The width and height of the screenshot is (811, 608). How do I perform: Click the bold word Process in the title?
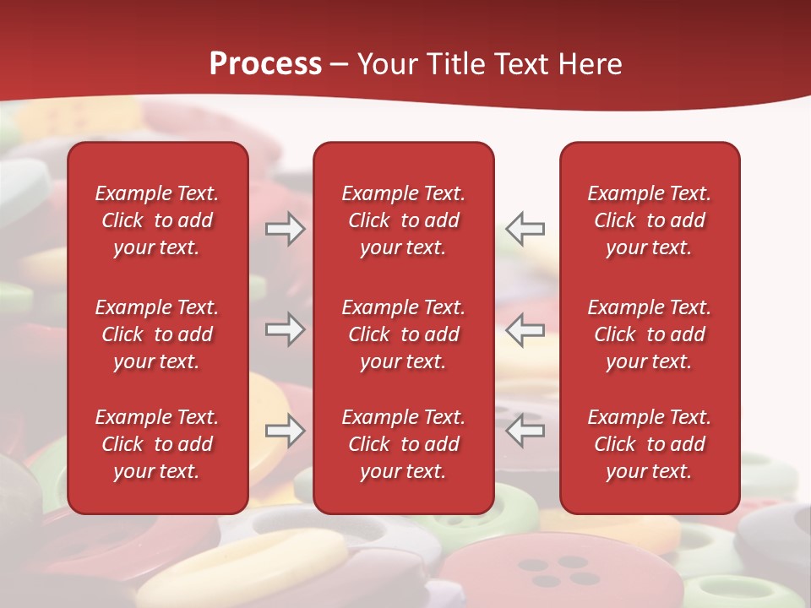[265, 64]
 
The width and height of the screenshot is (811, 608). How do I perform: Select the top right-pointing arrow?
[285, 229]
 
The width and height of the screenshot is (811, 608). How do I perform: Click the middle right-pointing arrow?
[285, 329]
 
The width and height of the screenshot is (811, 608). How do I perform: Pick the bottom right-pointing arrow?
[285, 431]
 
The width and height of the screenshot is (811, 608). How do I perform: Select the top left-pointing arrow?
[525, 229]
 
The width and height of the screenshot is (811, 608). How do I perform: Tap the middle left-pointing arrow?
[525, 329]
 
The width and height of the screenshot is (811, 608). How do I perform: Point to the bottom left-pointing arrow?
[525, 431]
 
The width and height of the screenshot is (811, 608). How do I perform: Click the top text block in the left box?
[157, 220]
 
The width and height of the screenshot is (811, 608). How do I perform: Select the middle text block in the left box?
[157, 334]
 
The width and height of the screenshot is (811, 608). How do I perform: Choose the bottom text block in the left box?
[157, 444]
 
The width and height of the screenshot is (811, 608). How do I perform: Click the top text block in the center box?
[403, 220]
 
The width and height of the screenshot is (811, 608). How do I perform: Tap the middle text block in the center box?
[403, 334]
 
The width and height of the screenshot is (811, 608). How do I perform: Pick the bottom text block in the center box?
[403, 444]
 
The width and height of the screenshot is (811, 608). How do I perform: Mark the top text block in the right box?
[649, 220]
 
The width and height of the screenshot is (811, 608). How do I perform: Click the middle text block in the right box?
[649, 334]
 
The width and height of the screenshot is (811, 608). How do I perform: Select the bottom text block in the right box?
[649, 444]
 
